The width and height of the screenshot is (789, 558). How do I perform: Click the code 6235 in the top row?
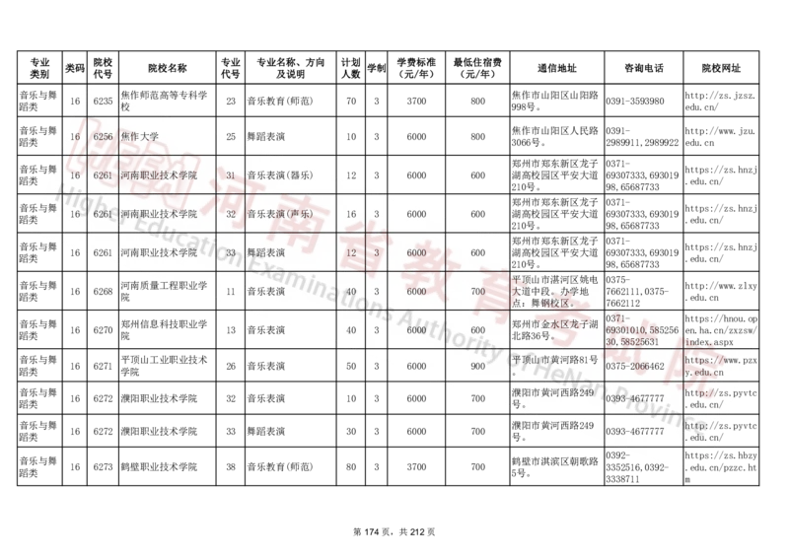pos(103,101)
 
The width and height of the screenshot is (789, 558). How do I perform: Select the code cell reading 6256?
pos(103,136)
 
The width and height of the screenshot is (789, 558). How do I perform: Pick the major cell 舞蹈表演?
pos(266,252)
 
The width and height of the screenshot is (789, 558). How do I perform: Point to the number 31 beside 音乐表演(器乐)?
pos(230,174)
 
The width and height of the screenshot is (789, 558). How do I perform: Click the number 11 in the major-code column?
pos(230,292)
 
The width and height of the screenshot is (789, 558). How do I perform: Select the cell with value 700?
pos(478,292)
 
